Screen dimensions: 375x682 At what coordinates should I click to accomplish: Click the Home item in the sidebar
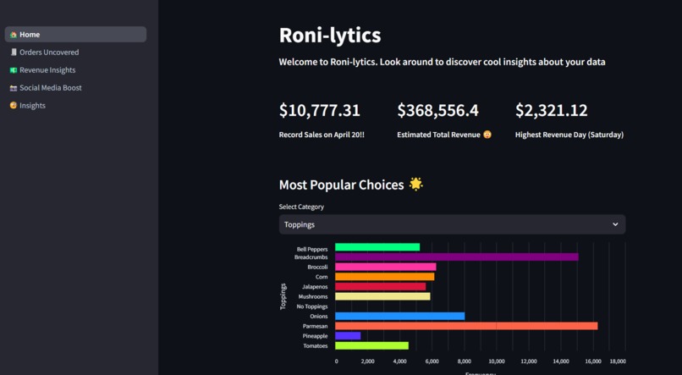[x=30, y=35]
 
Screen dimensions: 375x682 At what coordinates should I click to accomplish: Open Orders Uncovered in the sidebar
[x=49, y=52]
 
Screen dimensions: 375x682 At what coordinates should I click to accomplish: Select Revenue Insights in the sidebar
[x=47, y=70]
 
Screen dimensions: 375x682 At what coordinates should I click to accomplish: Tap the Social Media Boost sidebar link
[x=50, y=88]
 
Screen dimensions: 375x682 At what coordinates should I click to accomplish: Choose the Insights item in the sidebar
[x=32, y=106]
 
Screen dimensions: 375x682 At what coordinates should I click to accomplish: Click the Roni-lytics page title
[x=330, y=36]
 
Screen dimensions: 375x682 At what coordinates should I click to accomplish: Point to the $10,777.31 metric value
[x=320, y=111]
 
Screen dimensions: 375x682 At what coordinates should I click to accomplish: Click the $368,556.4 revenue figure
[x=437, y=111]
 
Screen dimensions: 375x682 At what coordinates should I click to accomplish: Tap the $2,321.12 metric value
[x=551, y=111]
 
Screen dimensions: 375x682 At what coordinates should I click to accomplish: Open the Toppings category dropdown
[x=452, y=224]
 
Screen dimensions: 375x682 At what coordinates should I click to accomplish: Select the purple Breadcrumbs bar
[x=456, y=256]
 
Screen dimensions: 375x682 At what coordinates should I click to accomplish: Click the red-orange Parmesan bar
[x=465, y=326]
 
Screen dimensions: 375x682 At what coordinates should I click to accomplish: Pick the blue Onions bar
[x=399, y=316]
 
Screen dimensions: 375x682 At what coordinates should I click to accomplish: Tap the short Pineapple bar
[x=348, y=336]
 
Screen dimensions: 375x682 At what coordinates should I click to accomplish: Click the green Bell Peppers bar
[x=377, y=247]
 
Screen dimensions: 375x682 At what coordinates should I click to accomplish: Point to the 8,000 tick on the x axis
[x=465, y=361]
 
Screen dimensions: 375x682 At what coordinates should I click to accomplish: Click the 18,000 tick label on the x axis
[x=617, y=361]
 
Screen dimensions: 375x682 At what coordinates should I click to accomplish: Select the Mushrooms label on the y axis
[x=313, y=296]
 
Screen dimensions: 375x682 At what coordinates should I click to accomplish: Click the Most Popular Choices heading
[x=341, y=185]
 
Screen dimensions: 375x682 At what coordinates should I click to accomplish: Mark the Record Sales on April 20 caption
[x=322, y=135]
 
